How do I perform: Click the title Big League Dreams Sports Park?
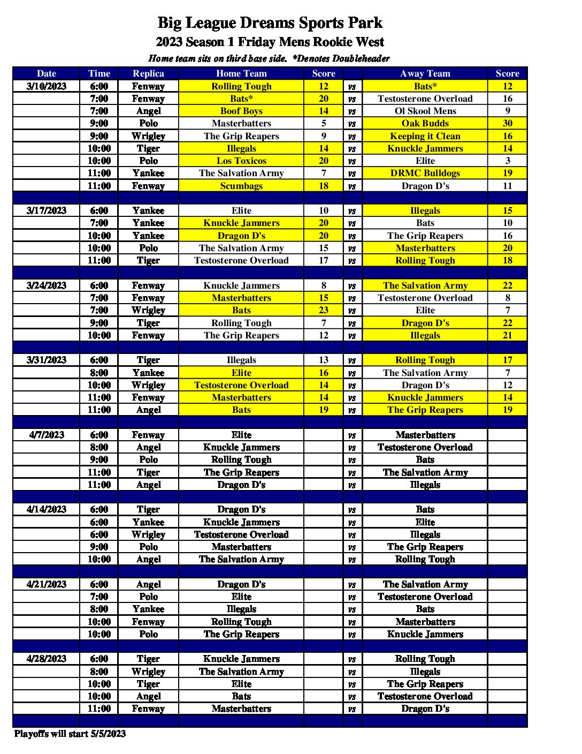click(270, 23)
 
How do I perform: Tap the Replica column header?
click(148, 73)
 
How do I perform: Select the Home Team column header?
click(241, 73)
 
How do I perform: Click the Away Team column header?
click(425, 73)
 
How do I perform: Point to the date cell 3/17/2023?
click(47, 210)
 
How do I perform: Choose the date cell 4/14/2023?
click(47, 509)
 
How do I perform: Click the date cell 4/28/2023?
click(47, 659)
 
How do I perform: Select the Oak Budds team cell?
click(425, 123)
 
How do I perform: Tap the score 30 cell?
click(507, 123)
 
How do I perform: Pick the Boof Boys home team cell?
click(241, 111)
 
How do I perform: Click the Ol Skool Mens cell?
click(425, 111)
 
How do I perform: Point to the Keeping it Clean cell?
click(425, 136)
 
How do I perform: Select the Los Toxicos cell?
click(241, 161)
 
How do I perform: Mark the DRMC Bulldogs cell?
click(425, 173)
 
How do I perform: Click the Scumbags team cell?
click(241, 186)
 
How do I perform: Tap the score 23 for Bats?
click(324, 310)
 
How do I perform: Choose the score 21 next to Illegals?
click(507, 335)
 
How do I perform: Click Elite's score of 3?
click(507, 161)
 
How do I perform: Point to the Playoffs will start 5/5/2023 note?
click(70, 734)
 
